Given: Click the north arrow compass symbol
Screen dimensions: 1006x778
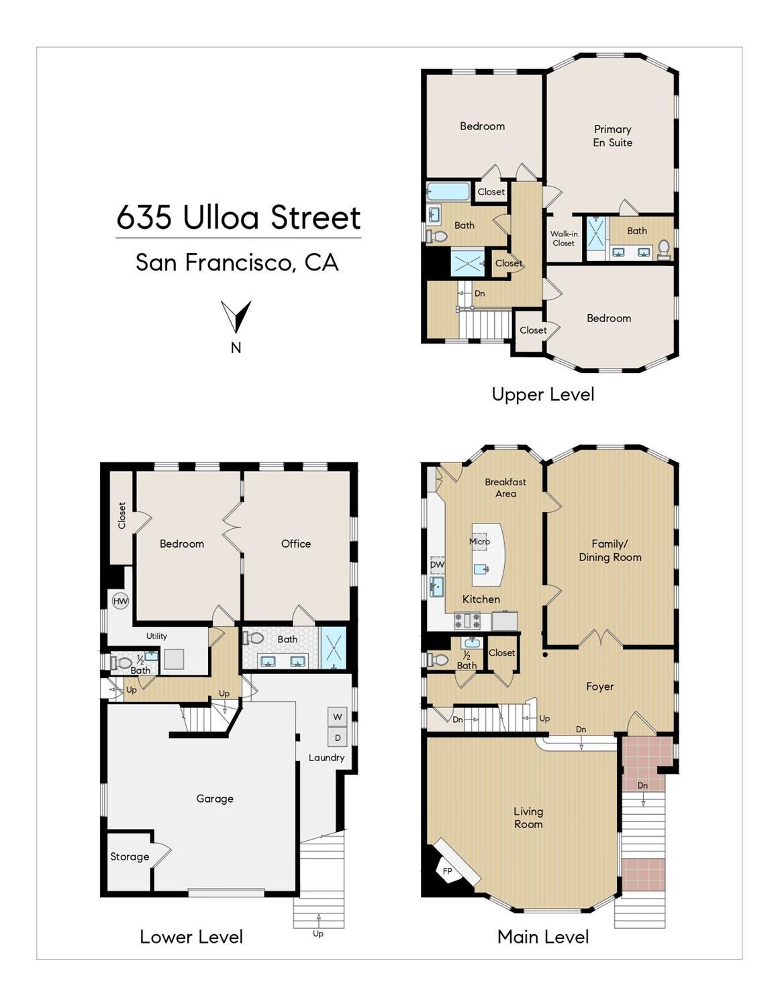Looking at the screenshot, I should coord(236,316).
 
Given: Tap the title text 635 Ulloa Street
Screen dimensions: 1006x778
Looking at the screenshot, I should coord(238,217).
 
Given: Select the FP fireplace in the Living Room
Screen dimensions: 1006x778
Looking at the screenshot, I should coord(448,871).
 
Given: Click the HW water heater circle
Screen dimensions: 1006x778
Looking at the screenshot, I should coord(120,601).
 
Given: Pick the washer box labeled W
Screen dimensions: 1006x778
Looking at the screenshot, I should coord(337,717).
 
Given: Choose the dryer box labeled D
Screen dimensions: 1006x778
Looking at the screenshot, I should coord(337,738).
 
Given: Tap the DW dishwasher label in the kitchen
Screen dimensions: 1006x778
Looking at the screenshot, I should coord(437,564).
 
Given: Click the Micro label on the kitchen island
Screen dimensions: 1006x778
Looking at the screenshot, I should coord(479,541).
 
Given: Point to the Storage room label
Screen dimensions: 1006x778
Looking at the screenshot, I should coord(130,856).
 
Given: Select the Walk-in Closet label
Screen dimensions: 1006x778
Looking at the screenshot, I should coord(564,238).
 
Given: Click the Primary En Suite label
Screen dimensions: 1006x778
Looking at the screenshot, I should coord(612,136).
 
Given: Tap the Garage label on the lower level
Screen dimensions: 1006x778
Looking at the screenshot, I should coord(215,799).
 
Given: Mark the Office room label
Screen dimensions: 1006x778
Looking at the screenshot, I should coord(296,544).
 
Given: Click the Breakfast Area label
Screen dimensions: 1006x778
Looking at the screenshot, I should coord(505,487).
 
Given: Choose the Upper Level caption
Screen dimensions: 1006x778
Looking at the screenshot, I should coord(542,394).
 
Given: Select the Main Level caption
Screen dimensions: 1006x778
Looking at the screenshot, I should coord(542,937).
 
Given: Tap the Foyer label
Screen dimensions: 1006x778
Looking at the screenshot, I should coord(599,687).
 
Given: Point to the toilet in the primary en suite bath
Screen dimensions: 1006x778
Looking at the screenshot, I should coord(664,248).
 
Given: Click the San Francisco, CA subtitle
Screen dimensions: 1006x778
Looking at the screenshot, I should coord(237,262).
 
